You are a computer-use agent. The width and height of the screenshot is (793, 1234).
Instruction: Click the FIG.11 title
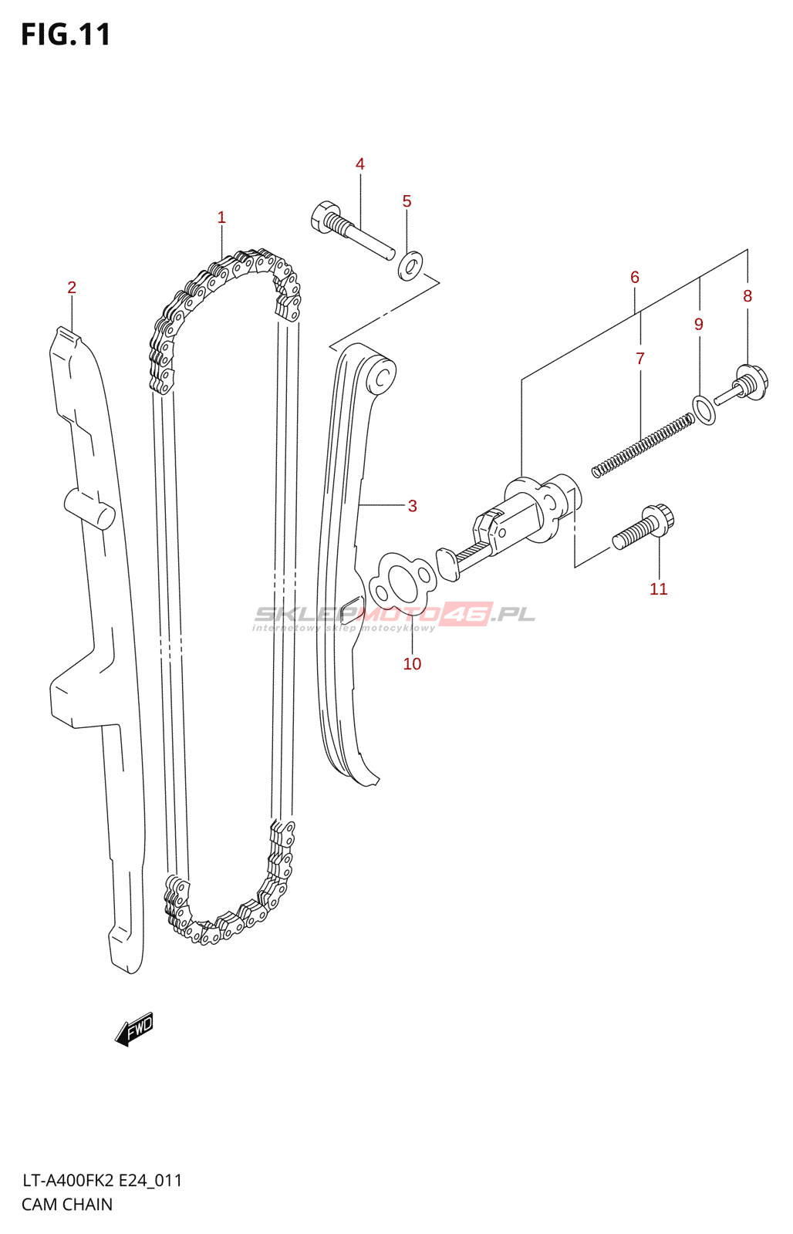pyautogui.click(x=66, y=35)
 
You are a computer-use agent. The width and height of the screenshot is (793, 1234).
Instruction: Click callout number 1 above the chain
pyautogui.click(x=221, y=217)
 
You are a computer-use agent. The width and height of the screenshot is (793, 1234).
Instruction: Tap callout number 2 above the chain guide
pyautogui.click(x=72, y=288)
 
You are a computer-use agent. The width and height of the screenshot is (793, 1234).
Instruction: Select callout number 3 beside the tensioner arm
pyautogui.click(x=413, y=506)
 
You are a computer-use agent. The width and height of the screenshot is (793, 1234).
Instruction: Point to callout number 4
pyautogui.click(x=360, y=164)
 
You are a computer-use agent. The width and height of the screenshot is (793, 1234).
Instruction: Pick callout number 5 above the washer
pyautogui.click(x=407, y=201)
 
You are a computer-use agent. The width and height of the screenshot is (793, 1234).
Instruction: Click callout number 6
pyautogui.click(x=635, y=277)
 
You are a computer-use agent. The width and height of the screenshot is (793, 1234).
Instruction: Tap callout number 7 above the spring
pyautogui.click(x=640, y=359)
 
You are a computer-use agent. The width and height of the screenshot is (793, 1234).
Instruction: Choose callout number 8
pyautogui.click(x=747, y=295)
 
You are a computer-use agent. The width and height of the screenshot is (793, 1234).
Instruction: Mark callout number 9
pyautogui.click(x=699, y=324)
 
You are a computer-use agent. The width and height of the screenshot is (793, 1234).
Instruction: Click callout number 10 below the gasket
pyautogui.click(x=412, y=664)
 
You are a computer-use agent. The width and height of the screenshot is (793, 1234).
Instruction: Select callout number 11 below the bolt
pyautogui.click(x=659, y=589)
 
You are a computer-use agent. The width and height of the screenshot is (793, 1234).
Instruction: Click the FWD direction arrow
pyautogui.click(x=135, y=1029)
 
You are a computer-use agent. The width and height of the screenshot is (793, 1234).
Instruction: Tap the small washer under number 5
pyautogui.click(x=410, y=265)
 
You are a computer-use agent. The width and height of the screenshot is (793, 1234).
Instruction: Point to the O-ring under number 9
pyautogui.click(x=704, y=410)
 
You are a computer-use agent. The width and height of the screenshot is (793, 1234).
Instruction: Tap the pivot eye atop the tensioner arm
pyautogui.click(x=381, y=376)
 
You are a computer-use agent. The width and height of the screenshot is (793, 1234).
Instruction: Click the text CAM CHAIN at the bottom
pyautogui.click(x=67, y=1204)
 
